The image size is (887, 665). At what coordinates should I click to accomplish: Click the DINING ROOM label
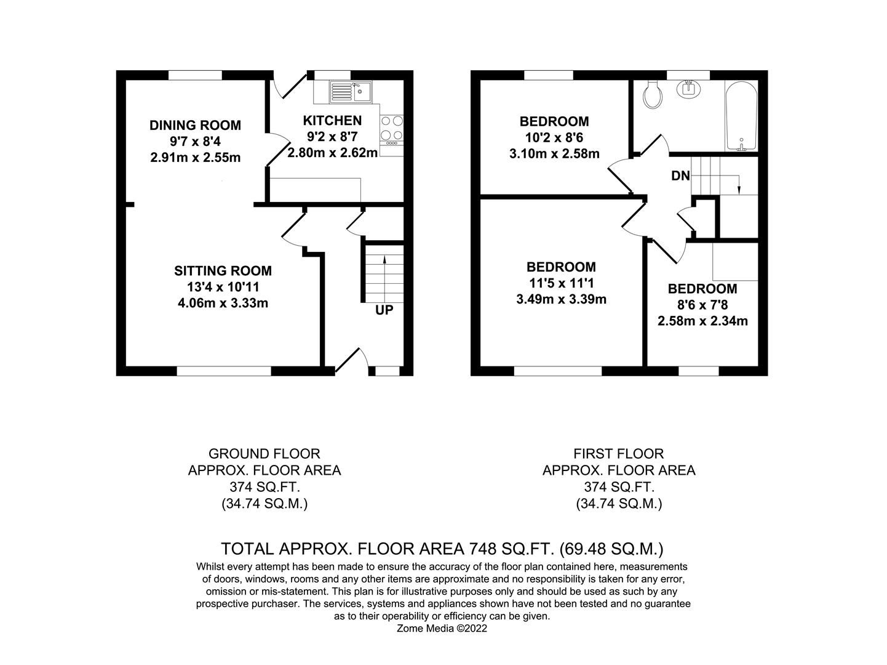(x=196, y=126)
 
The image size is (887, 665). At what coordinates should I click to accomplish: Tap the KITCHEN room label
(x=332, y=121)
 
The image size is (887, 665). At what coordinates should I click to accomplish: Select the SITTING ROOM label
(x=223, y=271)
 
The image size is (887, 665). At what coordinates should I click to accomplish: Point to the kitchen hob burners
(x=392, y=128)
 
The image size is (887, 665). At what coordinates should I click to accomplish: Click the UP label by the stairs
(x=384, y=310)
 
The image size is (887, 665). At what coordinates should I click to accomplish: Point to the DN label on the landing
(x=680, y=176)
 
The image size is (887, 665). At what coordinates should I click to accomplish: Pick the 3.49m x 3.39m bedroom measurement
(x=561, y=300)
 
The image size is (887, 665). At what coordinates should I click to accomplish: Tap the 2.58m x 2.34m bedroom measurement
(x=702, y=321)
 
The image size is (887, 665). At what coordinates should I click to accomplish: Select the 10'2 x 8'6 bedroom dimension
(x=554, y=137)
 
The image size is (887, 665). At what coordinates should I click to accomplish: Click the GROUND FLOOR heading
(x=265, y=454)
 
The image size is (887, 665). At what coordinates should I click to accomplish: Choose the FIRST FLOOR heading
(x=619, y=454)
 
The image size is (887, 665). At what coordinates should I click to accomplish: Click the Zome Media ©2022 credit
(x=443, y=629)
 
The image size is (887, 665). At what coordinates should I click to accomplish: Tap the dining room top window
(x=196, y=75)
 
